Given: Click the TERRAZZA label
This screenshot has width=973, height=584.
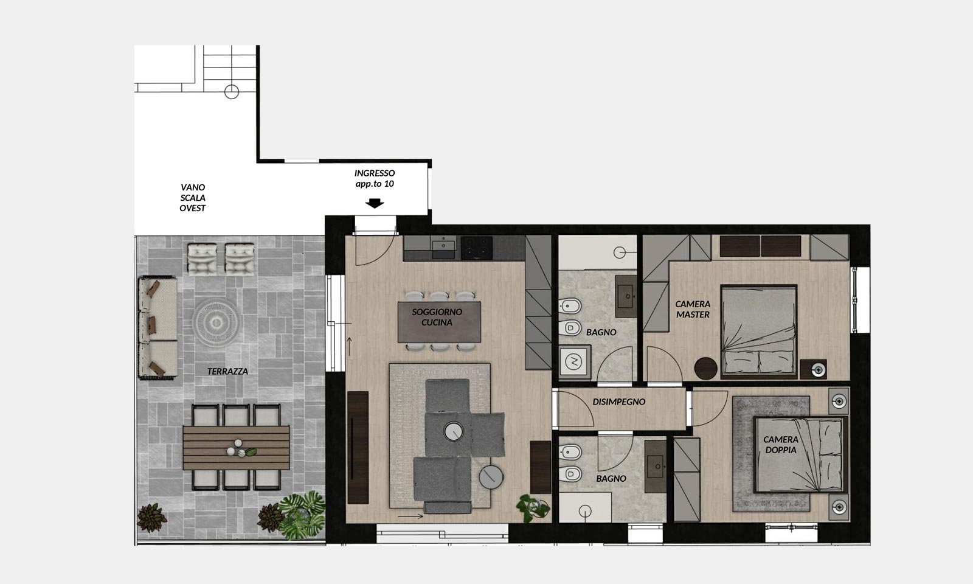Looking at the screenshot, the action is (227, 372).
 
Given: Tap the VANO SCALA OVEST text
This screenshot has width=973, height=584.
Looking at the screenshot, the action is (192, 198).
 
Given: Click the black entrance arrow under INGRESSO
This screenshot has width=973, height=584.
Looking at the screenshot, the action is (375, 203).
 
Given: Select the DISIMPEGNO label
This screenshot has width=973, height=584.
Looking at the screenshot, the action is (618, 402).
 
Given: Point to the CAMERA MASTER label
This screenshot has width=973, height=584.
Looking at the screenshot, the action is (693, 310).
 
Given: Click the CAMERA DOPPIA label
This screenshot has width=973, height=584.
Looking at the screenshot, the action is (781, 445).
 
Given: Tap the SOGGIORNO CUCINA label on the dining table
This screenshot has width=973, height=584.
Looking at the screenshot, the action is (437, 317).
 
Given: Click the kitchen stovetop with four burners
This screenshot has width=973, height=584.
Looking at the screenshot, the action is (477, 247).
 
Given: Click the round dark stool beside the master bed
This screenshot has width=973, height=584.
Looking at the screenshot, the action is (706, 369).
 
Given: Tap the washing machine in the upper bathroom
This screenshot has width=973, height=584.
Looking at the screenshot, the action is (574, 361).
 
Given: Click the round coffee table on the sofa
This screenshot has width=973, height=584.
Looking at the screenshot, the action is (454, 431).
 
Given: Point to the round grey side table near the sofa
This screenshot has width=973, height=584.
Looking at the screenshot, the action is (491, 477).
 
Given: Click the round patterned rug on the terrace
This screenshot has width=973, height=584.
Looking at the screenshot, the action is (216, 322).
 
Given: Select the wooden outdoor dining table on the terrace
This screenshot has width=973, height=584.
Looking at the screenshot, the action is (236, 448).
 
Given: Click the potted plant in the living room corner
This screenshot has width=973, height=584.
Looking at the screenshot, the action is (533, 508).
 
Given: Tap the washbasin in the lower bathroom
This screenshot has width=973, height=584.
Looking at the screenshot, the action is (655, 467).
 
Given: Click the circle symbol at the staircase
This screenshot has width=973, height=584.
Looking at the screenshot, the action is (232, 92).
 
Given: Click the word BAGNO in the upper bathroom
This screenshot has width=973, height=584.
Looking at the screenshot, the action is (601, 332).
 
